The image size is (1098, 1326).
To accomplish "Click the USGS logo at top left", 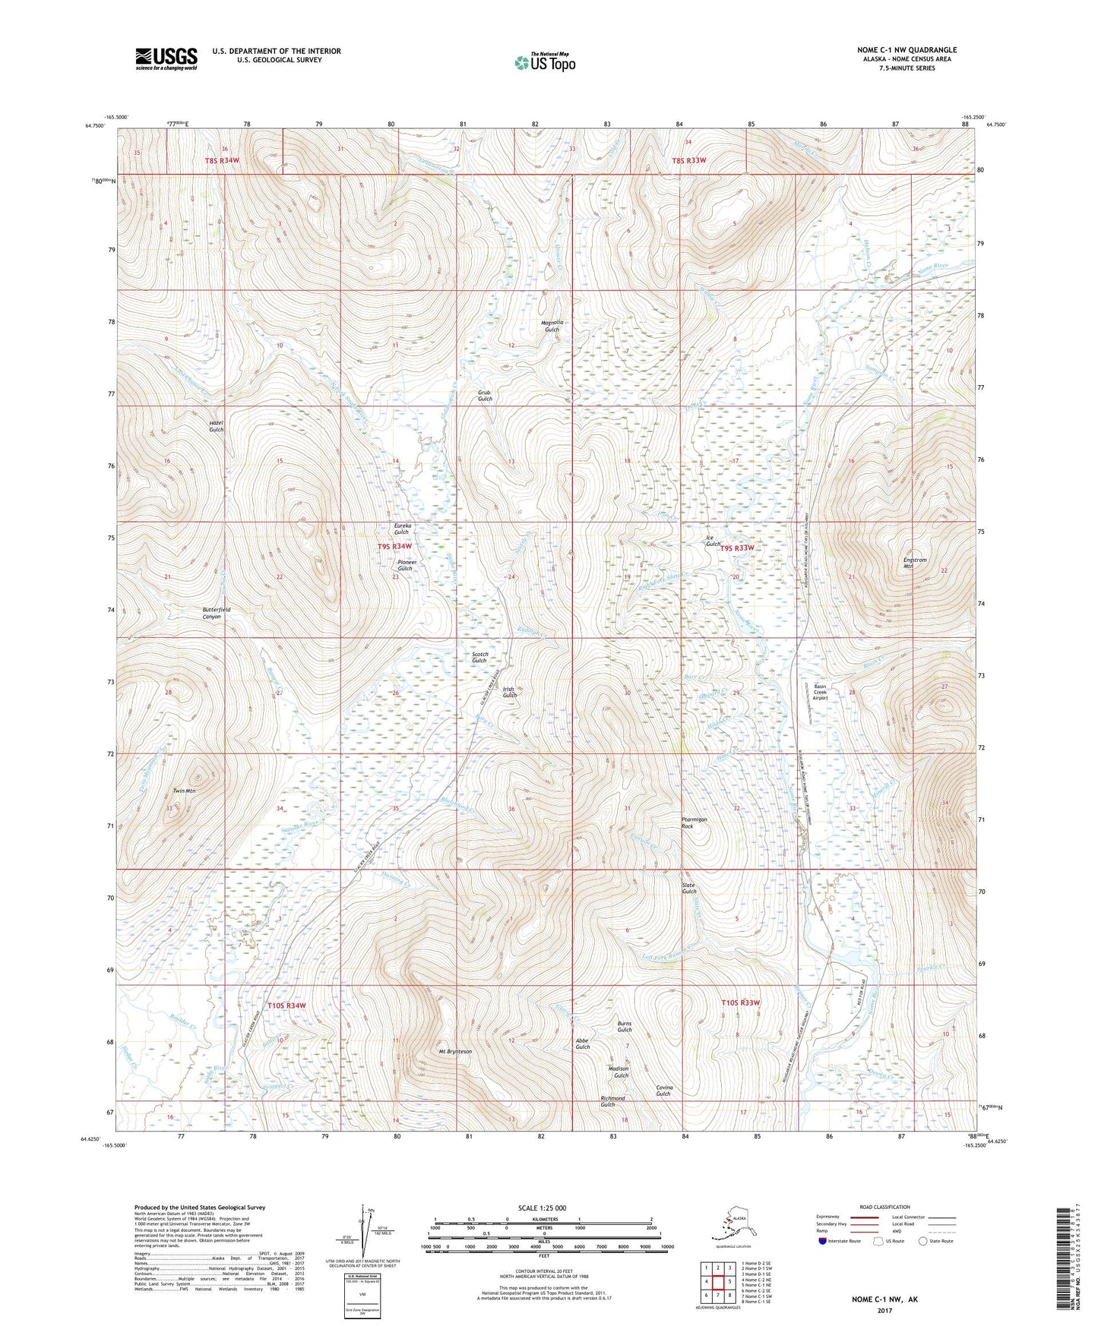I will [166, 58].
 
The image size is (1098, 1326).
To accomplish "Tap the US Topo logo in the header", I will [544, 62].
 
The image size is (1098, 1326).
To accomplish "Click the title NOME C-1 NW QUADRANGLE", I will [907, 50].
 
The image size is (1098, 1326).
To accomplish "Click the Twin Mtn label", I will [184, 791].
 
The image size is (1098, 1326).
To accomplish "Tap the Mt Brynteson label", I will [455, 1052].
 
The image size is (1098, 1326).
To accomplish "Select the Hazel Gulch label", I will [216, 426].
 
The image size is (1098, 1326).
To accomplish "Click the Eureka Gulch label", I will [402, 529].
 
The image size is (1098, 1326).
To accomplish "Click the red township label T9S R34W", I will [394, 546].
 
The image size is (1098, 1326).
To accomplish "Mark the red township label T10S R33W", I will [740, 1002].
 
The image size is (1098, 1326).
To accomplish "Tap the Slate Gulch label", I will [688, 888].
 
